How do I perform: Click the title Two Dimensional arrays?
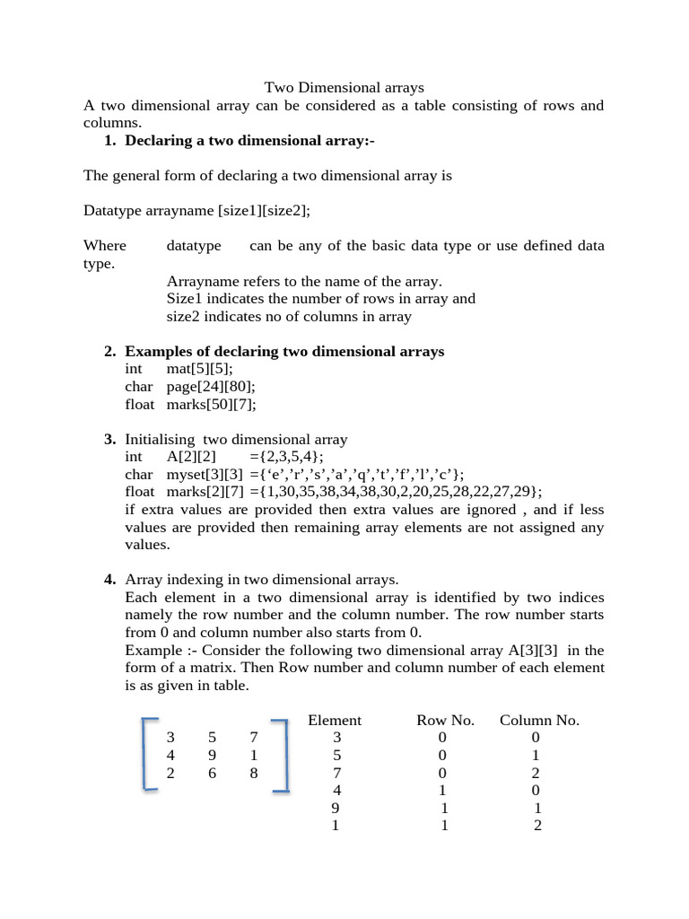(x=344, y=88)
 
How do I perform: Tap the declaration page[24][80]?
(x=211, y=387)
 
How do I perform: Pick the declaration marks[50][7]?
(x=211, y=404)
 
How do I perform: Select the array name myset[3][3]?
(x=205, y=474)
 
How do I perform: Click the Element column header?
(x=335, y=720)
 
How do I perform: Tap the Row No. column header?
(x=445, y=720)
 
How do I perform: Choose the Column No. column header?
(x=539, y=720)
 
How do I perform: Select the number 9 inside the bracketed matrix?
(x=213, y=755)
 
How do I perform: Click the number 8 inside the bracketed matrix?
(x=254, y=773)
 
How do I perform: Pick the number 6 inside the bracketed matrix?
(x=213, y=773)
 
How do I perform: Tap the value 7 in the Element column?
(x=336, y=773)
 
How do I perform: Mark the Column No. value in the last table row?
(x=537, y=826)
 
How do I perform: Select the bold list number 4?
(x=109, y=580)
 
